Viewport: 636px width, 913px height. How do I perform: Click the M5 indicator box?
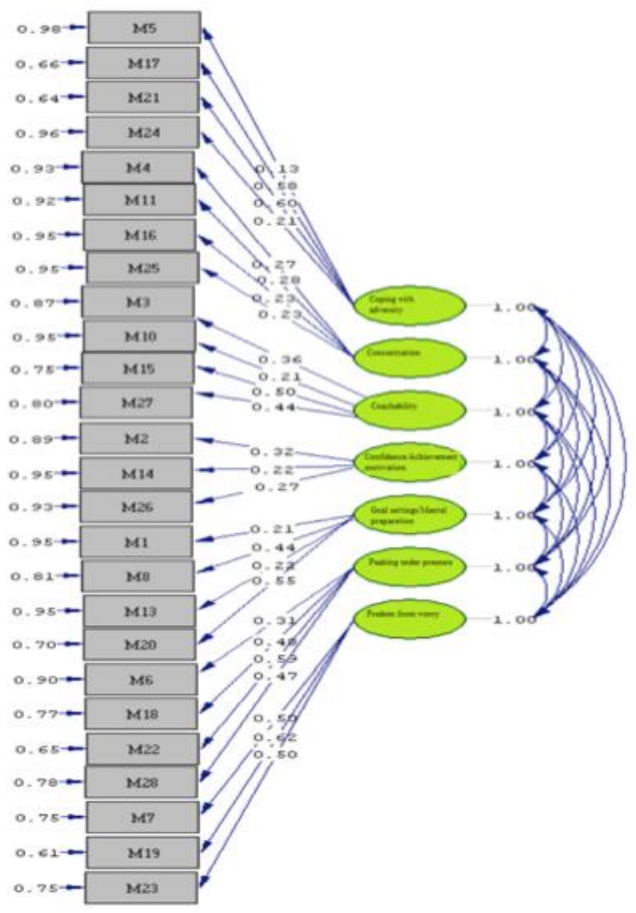click(144, 28)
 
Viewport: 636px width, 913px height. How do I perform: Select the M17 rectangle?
click(143, 64)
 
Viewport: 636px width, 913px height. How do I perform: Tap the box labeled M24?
click(143, 132)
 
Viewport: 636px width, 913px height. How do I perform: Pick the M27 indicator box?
click(136, 403)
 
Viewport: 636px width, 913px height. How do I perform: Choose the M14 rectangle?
click(136, 473)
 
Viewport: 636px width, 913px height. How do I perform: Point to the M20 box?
click(140, 644)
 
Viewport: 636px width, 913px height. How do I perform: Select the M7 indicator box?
click(143, 818)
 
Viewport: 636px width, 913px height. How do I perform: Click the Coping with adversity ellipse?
click(409, 305)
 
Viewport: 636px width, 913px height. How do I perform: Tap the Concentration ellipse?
click(409, 358)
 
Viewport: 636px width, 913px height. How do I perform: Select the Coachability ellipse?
click(409, 410)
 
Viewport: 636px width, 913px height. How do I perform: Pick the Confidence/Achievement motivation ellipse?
click(409, 462)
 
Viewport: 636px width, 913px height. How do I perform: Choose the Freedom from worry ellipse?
click(409, 619)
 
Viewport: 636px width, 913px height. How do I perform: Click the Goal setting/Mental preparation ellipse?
click(409, 515)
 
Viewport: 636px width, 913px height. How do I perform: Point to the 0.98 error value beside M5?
click(38, 29)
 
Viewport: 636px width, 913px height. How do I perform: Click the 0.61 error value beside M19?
click(37, 853)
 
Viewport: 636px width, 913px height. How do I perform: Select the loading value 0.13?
click(277, 168)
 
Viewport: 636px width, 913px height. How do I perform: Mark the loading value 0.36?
click(280, 360)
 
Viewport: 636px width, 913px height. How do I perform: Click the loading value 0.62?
click(275, 737)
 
